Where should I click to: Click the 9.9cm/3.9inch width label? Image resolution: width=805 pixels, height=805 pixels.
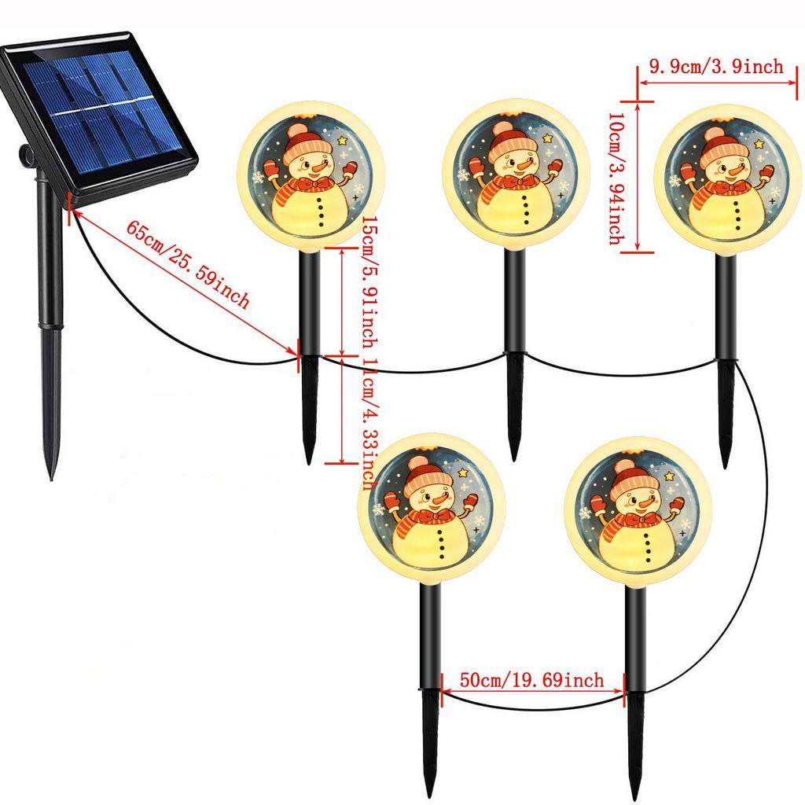[x=715, y=68]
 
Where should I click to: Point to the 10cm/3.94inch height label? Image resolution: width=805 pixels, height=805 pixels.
[x=616, y=176]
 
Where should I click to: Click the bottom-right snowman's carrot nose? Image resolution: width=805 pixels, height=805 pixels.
[x=647, y=502]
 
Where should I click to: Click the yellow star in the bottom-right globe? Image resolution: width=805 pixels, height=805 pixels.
[x=671, y=476]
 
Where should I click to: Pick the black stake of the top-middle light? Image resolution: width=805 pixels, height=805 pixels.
[x=515, y=314]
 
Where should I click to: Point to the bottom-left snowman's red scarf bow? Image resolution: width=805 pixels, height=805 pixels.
[x=433, y=516]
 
